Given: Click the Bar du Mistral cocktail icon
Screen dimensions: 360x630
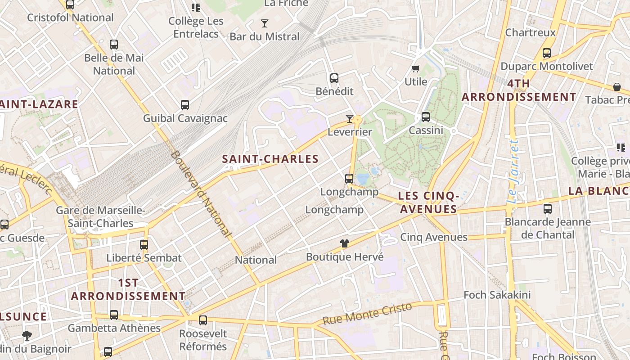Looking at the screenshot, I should [265, 23].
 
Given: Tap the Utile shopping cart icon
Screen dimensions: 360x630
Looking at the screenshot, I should [415, 69].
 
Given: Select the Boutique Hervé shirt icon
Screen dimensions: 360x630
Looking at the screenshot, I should [345, 243].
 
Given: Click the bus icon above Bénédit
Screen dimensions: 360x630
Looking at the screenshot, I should [334, 78].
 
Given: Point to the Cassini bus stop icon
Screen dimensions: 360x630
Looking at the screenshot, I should [426, 117].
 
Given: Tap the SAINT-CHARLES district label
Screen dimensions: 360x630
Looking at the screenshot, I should [270, 159].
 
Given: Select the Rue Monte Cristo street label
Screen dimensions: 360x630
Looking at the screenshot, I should [367, 314].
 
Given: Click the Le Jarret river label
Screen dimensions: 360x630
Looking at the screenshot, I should [513, 171].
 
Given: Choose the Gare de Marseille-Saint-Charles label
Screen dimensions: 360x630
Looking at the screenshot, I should [100, 217].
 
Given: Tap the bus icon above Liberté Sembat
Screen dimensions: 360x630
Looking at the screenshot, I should [144, 245].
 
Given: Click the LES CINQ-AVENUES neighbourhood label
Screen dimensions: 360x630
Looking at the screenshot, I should [429, 202].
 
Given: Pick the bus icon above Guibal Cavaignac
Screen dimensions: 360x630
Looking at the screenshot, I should [184, 105].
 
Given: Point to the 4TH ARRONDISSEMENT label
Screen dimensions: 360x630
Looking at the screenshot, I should [519, 90].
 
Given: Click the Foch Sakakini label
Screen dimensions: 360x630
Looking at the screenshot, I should [497, 295].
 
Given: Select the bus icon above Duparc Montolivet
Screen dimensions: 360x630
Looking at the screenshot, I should [547, 53].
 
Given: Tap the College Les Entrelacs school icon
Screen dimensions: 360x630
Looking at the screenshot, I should [196, 7].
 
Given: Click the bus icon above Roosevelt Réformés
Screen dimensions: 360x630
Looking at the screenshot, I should [203, 320].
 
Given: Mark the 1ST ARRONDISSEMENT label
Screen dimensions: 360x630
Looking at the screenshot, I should [128, 289].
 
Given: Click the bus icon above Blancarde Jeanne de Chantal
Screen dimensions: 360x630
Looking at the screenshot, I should [547, 209].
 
